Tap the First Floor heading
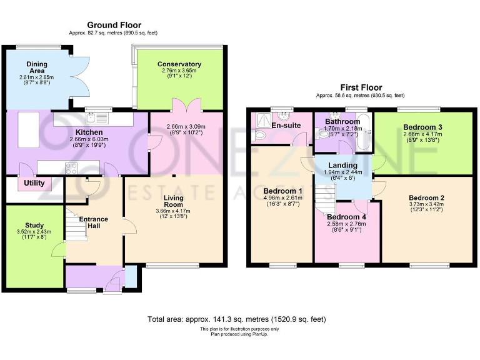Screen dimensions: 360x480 pyautogui.click(x=361, y=87)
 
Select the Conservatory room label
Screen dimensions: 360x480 pyautogui.click(x=179, y=64)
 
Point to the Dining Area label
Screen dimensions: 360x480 pyautogui.click(x=37, y=67)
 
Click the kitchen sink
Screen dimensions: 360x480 pyautogui.click(x=98, y=117)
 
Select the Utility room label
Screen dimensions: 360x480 pyautogui.click(x=34, y=184)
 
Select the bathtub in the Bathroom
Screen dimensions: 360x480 pyautogui.click(x=366, y=132)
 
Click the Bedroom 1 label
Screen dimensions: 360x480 pyautogui.click(x=283, y=191)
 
